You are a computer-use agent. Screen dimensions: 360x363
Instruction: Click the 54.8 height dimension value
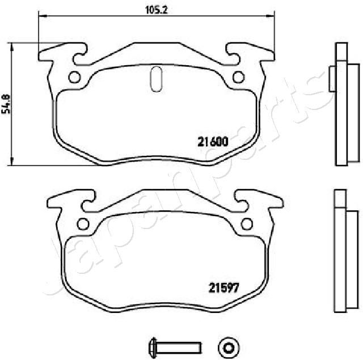click(6, 104)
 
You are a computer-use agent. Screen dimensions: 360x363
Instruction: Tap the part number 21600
click(213, 142)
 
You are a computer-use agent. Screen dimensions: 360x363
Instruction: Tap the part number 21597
click(223, 287)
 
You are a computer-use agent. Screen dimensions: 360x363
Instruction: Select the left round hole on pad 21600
click(74, 77)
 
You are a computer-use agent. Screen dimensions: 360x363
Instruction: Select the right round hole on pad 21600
click(238, 77)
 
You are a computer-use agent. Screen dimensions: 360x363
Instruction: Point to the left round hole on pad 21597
click(83, 223)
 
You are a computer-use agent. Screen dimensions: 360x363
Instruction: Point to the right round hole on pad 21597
click(247, 223)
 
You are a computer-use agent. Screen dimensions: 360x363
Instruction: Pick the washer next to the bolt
click(229, 345)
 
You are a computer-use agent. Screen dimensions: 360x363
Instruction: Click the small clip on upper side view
click(332, 77)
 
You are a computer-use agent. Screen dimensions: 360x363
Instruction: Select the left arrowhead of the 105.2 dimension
click(41, 16)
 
